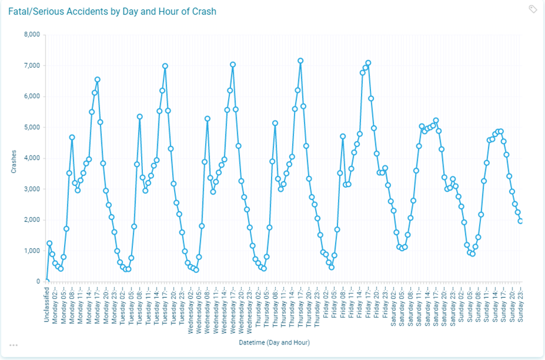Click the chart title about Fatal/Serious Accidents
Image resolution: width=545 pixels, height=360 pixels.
coord(112,12)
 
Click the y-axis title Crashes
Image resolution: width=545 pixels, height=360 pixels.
coord(13,159)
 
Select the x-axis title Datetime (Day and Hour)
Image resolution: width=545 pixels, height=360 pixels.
coord(274,343)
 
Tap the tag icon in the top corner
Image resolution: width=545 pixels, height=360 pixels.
coord(533,9)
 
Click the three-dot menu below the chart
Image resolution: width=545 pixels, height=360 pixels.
coord(14,345)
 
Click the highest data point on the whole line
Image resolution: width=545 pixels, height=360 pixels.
coord(300,61)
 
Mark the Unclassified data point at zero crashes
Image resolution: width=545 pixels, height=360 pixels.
coord(47,282)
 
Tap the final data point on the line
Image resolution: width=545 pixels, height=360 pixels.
coord(520,221)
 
